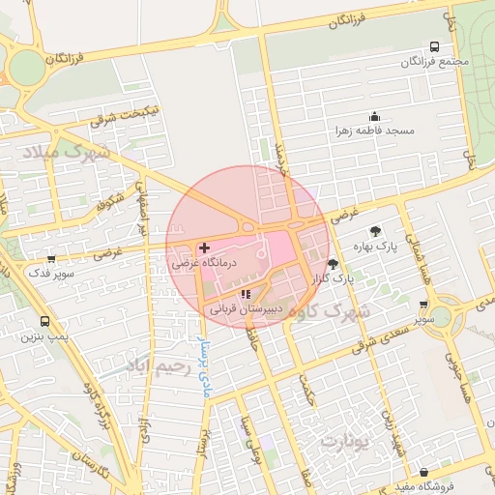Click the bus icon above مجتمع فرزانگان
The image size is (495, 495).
pos(434,46)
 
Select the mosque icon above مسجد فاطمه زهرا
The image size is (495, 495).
pos(374,116)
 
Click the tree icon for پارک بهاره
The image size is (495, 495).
pos(375,230)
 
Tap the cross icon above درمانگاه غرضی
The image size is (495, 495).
pos(203,247)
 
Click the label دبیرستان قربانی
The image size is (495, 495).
pos(246,310)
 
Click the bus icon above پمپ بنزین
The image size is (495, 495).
pos(44,321)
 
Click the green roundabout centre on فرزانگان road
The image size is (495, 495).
pos(26,67)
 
